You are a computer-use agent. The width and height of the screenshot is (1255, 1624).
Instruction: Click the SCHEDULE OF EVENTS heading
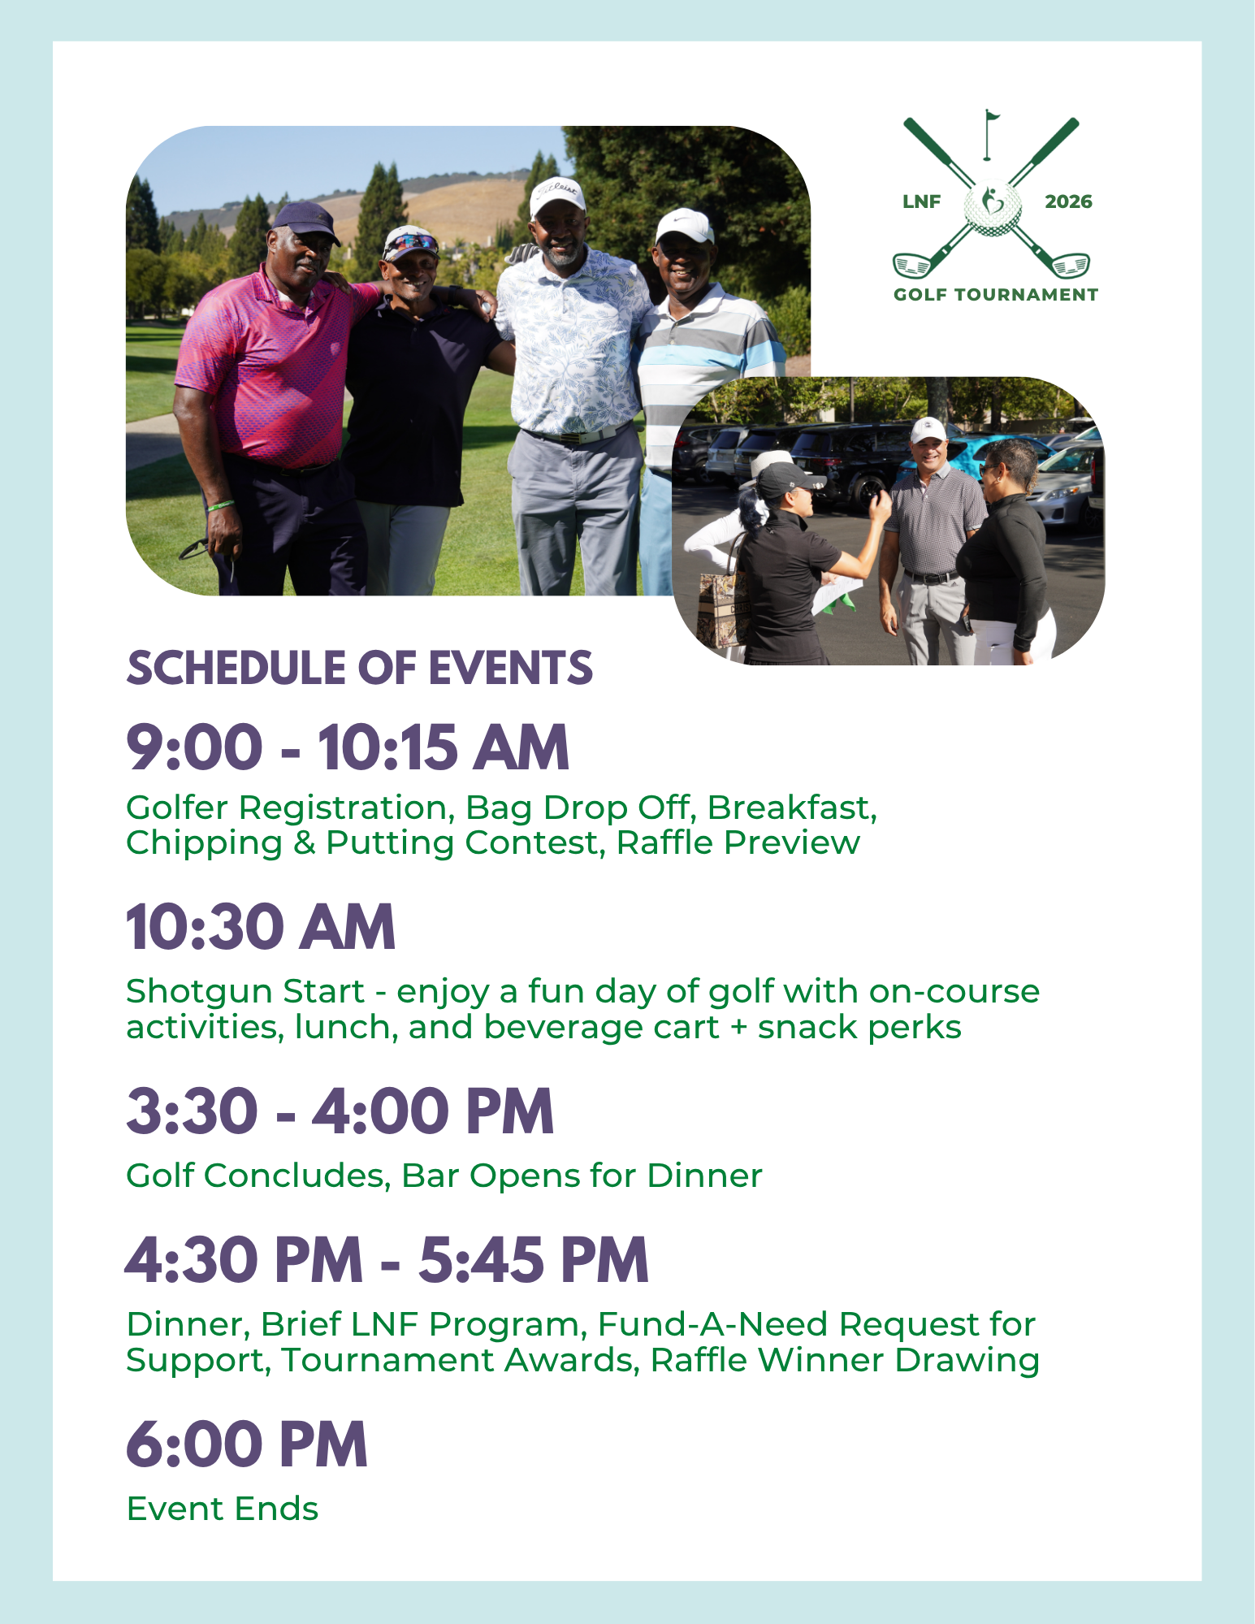(x=360, y=668)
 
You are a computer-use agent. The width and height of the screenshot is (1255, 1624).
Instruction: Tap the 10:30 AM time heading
(x=261, y=927)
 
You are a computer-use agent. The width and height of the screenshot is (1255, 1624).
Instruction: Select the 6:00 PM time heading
(x=247, y=1445)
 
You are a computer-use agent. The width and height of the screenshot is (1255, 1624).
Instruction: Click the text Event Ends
(x=223, y=1509)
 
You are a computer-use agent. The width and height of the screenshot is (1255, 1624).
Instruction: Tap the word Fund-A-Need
(x=713, y=1324)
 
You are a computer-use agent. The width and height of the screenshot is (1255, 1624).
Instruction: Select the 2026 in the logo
(x=1068, y=201)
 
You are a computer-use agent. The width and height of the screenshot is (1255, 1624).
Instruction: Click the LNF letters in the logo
(x=921, y=201)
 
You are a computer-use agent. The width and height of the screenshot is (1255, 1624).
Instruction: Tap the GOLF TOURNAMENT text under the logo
(x=996, y=295)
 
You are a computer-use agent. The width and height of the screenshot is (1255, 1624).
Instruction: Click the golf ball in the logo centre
(x=992, y=208)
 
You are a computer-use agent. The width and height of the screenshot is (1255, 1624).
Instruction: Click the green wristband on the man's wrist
(x=220, y=505)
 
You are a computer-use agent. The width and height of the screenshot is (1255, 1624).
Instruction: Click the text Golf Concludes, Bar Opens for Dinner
(x=444, y=1176)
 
